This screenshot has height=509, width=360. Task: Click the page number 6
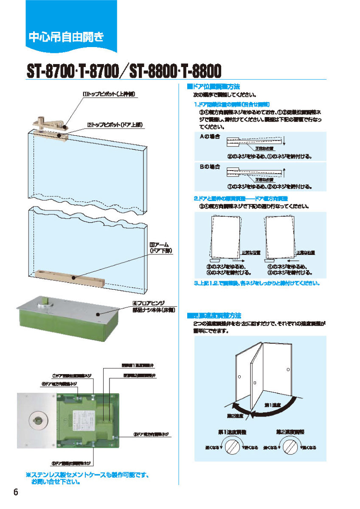[x=16, y=492]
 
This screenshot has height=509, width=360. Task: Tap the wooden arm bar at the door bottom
[x=70, y=278]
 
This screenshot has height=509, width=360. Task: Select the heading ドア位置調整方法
[x=214, y=86]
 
